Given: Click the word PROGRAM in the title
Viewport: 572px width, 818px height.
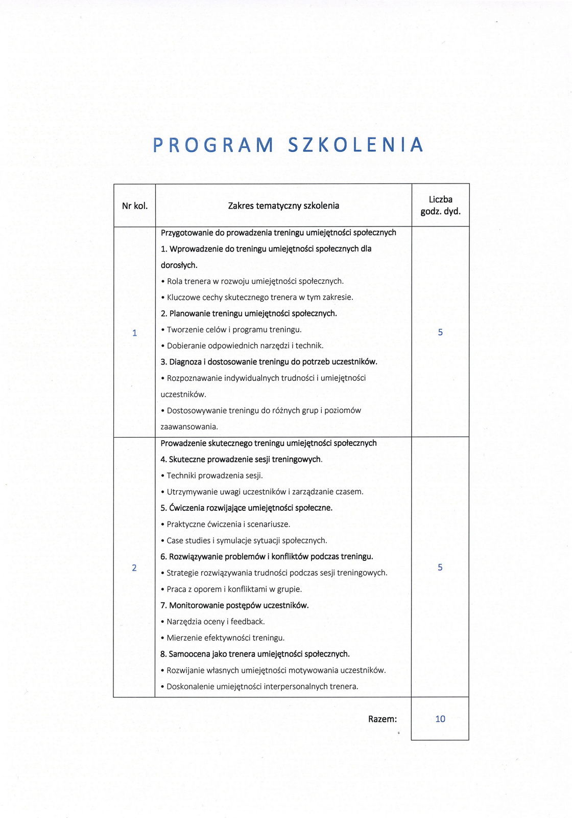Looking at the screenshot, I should coord(213,145).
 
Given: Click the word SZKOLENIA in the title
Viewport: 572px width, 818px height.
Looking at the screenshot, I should coord(356,145).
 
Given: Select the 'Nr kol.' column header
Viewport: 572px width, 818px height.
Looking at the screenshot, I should coord(135,206).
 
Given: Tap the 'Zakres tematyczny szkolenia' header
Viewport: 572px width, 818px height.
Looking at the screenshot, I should coord(283,206).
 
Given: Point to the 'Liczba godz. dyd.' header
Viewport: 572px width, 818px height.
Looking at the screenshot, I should coord(440,206).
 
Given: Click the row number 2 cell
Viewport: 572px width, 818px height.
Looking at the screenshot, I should coord(134,568).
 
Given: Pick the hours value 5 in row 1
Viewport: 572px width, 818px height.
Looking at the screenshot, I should coord(440,332).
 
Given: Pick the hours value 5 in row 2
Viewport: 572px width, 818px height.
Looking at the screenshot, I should coord(440,567).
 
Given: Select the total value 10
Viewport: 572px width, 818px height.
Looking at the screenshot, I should coord(440,719).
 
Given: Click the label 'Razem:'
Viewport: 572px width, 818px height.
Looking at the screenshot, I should coord(383,719).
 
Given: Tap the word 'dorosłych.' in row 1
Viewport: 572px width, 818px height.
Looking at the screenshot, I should coord(179,265).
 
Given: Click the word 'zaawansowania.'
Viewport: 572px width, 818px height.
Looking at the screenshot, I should coord(182,427).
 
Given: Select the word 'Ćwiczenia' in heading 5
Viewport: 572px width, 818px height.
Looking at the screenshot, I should coord(187,508).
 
